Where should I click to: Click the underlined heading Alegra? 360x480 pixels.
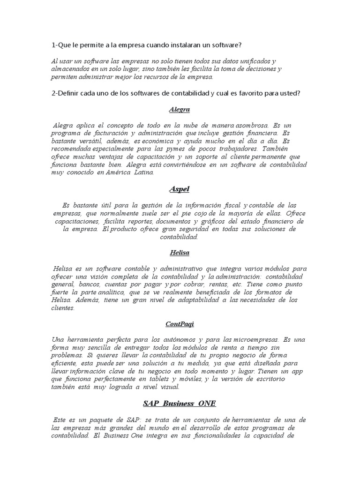pos(180,109)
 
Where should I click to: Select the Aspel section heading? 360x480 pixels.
pos(180,189)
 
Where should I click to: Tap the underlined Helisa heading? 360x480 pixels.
pos(180,252)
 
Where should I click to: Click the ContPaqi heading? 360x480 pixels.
pos(180,324)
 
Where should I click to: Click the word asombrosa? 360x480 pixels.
pos(250,125)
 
